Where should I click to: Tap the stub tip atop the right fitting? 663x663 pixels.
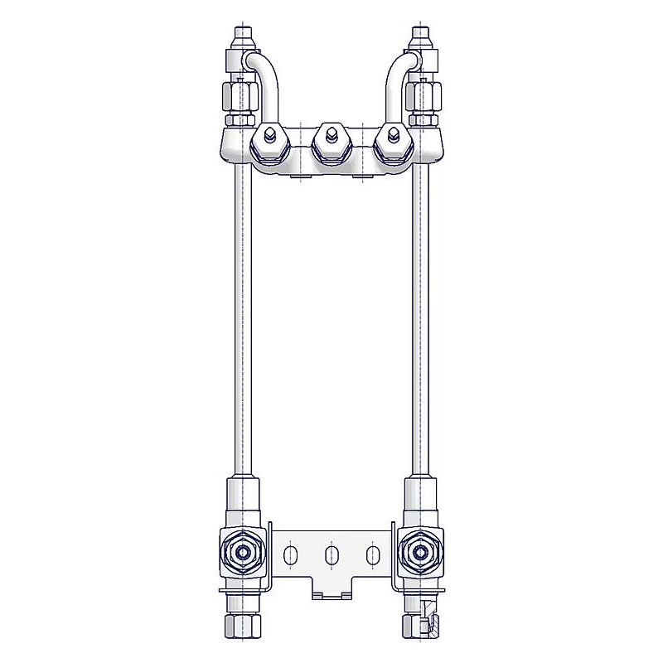tap(420, 37)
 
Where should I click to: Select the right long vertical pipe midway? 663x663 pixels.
tap(420, 331)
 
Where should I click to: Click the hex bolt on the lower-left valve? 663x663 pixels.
tap(242, 552)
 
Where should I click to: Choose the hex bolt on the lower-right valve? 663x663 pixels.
tap(420, 552)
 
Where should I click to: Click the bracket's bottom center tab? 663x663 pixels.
tap(331, 590)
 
